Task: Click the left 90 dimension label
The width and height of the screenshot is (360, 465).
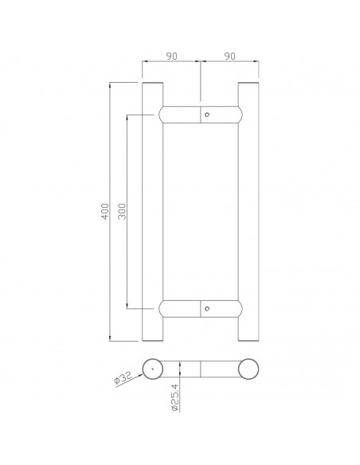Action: [x=171, y=56]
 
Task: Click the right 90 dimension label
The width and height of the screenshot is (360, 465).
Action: [x=230, y=56]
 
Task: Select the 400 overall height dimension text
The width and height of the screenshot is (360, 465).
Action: [x=105, y=211]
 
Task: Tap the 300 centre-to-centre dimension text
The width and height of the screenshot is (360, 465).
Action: [x=122, y=211]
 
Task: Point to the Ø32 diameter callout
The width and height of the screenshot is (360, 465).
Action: [x=123, y=377]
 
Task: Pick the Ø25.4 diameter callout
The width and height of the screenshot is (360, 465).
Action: [x=175, y=397]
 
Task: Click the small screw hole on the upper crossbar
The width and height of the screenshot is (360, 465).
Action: [x=207, y=115]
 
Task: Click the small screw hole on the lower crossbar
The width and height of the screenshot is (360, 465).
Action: [x=207, y=308]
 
